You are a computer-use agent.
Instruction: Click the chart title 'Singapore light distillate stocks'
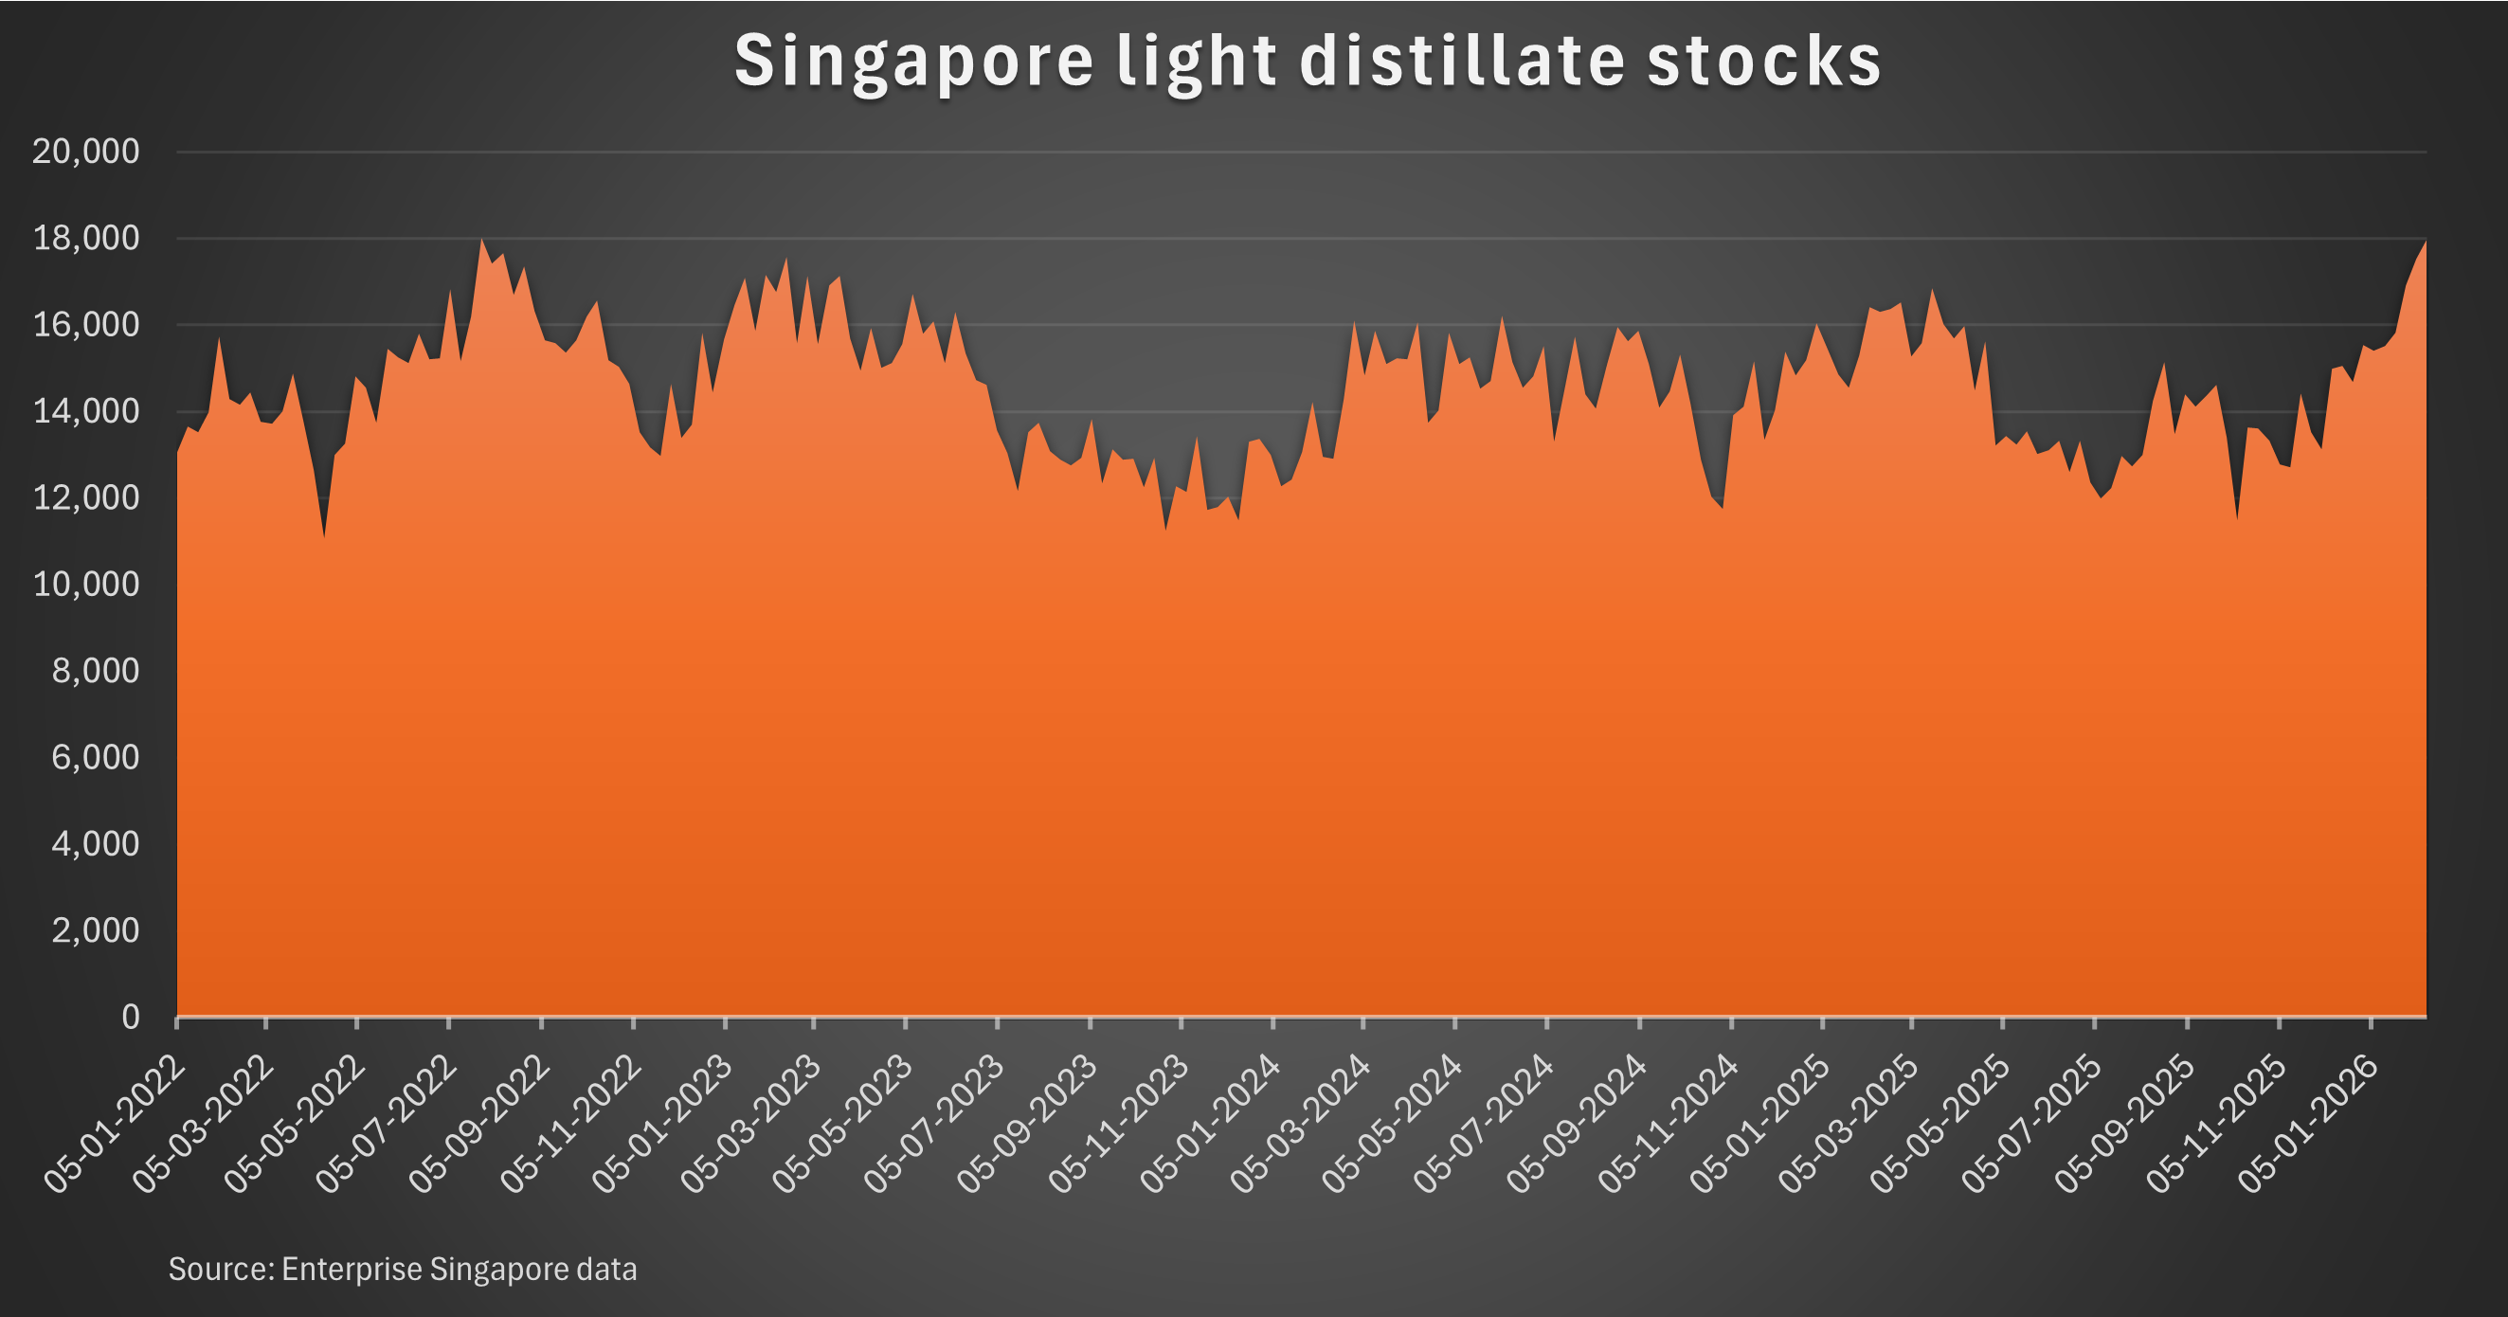(x=1307, y=61)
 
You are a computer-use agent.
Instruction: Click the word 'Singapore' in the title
(x=913, y=61)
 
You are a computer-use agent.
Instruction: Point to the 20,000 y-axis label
(x=85, y=152)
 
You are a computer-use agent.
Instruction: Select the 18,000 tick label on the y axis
(x=85, y=239)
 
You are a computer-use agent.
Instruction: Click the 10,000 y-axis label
(x=85, y=584)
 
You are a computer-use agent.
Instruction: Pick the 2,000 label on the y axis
(x=96, y=930)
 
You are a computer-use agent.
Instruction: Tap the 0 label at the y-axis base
(x=131, y=1018)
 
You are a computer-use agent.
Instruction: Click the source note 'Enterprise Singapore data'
(x=402, y=1270)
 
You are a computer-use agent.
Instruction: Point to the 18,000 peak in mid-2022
(x=481, y=241)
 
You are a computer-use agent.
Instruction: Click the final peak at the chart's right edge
(x=2424, y=244)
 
